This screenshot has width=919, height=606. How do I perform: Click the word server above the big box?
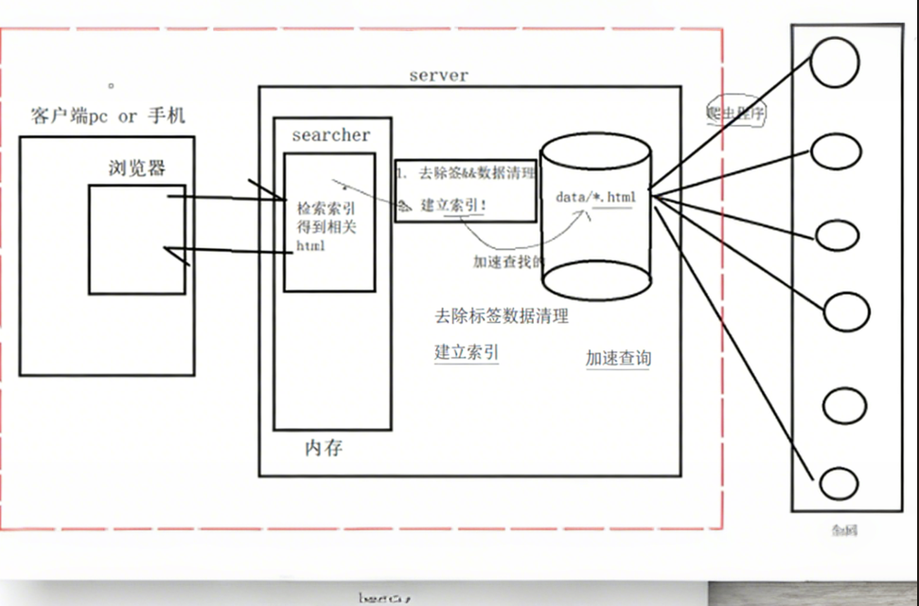[438, 75]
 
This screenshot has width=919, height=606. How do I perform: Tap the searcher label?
[330, 135]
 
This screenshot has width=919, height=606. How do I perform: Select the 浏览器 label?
[136, 169]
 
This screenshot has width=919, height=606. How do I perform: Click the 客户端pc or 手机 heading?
[107, 116]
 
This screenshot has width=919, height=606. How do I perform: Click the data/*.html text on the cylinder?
[595, 197]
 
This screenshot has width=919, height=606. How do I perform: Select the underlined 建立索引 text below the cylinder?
[467, 352]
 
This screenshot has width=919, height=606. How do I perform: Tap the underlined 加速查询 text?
[617, 358]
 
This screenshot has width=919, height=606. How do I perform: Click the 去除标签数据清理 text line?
[501, 316]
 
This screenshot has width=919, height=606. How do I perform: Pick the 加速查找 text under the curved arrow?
[508, 262]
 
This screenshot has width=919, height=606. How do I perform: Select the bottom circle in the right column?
[839, 484]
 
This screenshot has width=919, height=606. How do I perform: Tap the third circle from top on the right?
[839, 236]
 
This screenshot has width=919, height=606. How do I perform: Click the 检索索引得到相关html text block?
[327, 227]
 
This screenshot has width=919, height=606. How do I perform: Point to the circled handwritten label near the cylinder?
[735, 113]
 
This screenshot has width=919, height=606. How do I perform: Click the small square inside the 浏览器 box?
[136, 239]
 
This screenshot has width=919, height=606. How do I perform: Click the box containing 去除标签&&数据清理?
[466, 189]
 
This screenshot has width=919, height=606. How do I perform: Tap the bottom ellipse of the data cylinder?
[595, 279]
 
